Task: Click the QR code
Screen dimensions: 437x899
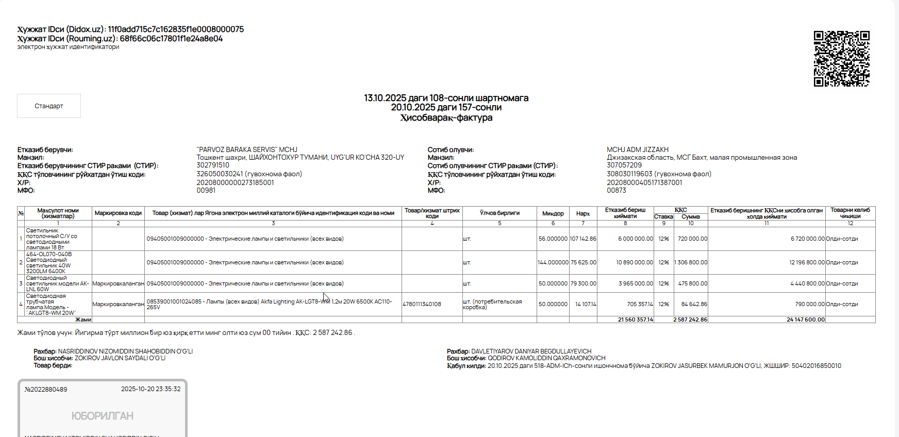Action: [x=841, y=58]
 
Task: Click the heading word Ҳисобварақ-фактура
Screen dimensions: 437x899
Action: [x=446, y=118]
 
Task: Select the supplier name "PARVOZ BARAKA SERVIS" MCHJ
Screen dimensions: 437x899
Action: [x=247, y=149]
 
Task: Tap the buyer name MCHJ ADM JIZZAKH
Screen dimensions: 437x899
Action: [x=637, y=149]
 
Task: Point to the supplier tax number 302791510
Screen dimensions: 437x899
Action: [x=213, y=165]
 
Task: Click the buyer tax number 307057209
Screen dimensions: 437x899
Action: [x=624, y=165]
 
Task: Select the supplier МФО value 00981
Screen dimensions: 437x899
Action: [x=206, y=191]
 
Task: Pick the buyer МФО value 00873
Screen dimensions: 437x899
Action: [x=616, y=191]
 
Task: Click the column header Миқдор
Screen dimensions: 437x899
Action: [x=553, y=213]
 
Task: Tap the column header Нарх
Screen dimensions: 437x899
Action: [x=582, y=213]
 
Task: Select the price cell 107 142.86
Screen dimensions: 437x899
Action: [x=582, y=239]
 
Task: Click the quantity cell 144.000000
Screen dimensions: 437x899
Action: [x=553, y=263]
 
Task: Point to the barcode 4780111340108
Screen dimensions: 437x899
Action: [x=422, y=305]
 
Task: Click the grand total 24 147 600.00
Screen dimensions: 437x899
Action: [x=805, y=320]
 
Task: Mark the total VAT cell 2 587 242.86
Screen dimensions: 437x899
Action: [x=690, y=320]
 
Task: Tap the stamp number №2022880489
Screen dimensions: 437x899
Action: [x=46, y=390]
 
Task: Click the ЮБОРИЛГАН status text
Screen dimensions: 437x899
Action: [x=102, y=416]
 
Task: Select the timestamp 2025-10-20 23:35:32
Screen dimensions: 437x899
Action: [x=151, y=389]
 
